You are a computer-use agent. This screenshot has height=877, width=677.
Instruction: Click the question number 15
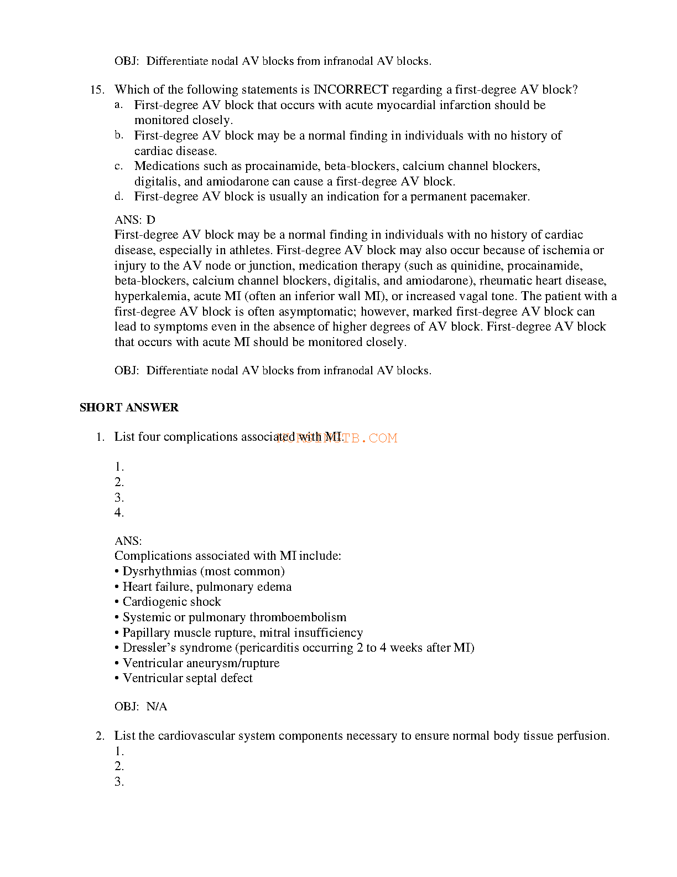(x=97, y=90)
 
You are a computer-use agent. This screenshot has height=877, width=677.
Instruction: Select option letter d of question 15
(x=119, y=197)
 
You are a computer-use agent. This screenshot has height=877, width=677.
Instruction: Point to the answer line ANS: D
(x=135, y=220)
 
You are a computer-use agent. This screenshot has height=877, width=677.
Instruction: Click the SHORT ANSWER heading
(x=129, y=407)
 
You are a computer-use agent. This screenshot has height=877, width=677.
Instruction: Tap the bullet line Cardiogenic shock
(x=171, y=602)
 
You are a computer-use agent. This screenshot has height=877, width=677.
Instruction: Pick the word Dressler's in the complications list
(x=147, y=648)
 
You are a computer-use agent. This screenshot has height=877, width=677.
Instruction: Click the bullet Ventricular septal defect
(x=188, y=678)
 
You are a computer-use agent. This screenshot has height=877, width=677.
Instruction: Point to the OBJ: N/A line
(x=140, y=707)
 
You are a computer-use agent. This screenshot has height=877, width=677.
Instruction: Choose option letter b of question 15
(x=119, y=136)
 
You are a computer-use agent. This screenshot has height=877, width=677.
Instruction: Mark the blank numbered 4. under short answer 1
(x=119, y=513)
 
